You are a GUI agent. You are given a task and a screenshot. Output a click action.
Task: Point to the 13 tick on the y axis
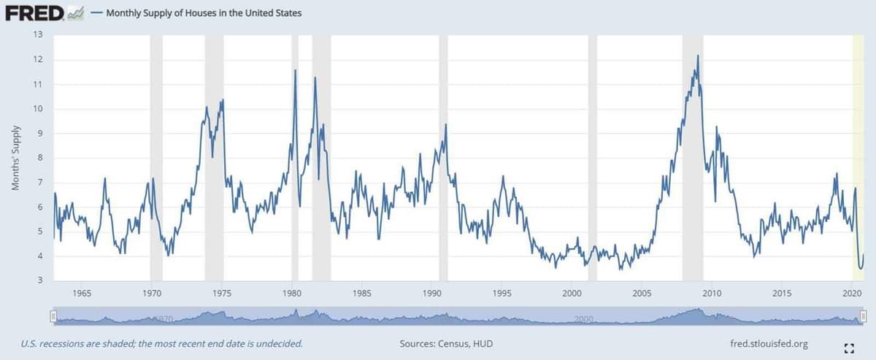click(x=39, y=34)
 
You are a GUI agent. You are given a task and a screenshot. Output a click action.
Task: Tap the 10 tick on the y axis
click(x=39, y=109)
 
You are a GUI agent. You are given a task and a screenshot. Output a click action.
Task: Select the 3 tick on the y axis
click(x=41, y=281)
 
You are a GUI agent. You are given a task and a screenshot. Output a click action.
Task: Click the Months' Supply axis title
click(x=15, y=158)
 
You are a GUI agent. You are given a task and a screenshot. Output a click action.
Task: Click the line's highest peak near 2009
click(x=698, y=56)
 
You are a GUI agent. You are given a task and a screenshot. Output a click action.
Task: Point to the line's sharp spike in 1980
click(x=295, y=70)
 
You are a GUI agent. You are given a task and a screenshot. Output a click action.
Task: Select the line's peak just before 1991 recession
click(x=445, y=125)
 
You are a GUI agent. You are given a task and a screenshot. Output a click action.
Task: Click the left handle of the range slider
click(x=53, y=316)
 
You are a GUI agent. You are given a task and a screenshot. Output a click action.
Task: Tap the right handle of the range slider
click(x=862, y=316)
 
